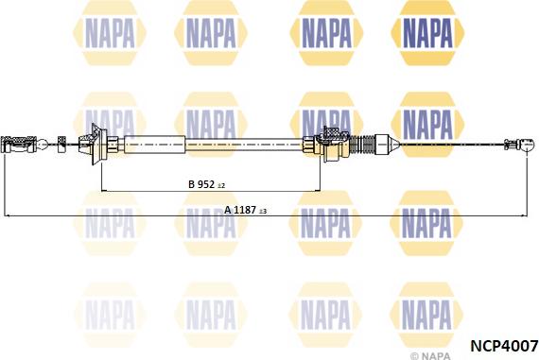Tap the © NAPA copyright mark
pyautogui.click(x=430, y=355)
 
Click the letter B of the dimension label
pyautogui.click(x=190, y=185)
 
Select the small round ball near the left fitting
pyautogui.click(x=42, y=145)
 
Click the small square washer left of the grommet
pyautogui.click(x=62, y=144)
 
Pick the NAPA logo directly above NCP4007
pyautogui.click(x=430, y=310)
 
